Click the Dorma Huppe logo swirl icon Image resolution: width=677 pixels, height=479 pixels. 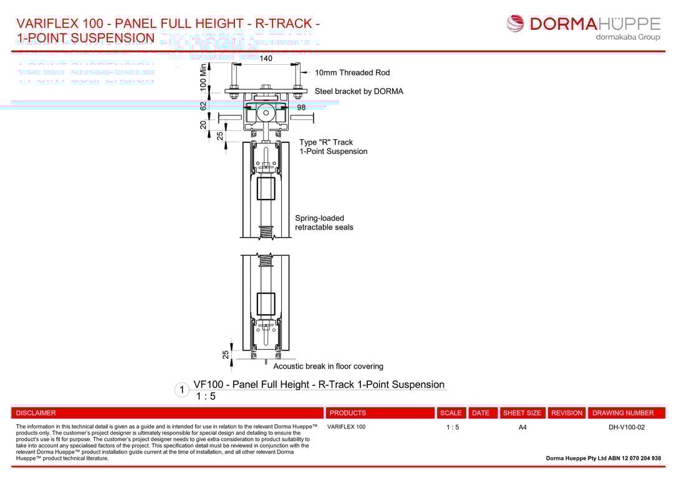(516, 24)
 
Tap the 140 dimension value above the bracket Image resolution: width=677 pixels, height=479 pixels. (266, 59)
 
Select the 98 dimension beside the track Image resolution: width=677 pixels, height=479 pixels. (301, 107)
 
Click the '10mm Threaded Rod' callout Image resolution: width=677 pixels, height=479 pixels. (352, 73)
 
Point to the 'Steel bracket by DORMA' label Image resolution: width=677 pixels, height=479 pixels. (358, 92)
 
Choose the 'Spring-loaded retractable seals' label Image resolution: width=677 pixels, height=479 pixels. (324, 223)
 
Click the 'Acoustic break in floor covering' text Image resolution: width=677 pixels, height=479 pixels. (328, 367)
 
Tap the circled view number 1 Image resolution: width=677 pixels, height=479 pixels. (181, 390)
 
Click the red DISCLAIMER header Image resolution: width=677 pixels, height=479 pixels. (36, 413)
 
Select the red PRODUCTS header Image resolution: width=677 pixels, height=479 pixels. (348, 413)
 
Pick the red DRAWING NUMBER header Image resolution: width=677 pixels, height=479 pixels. (623, 413)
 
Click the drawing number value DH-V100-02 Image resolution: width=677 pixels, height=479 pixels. (627, 427)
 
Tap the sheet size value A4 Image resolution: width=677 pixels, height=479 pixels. (522, 427)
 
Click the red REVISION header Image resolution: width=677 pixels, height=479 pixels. (567, 413)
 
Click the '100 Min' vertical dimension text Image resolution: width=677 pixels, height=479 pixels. (203, 78)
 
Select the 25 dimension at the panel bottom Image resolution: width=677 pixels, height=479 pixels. (226, 354)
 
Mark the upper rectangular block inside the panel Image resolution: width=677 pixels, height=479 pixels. (266, 188)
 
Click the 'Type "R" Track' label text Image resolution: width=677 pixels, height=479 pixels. (326, 142)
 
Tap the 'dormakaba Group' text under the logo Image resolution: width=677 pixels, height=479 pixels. (628, 37)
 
